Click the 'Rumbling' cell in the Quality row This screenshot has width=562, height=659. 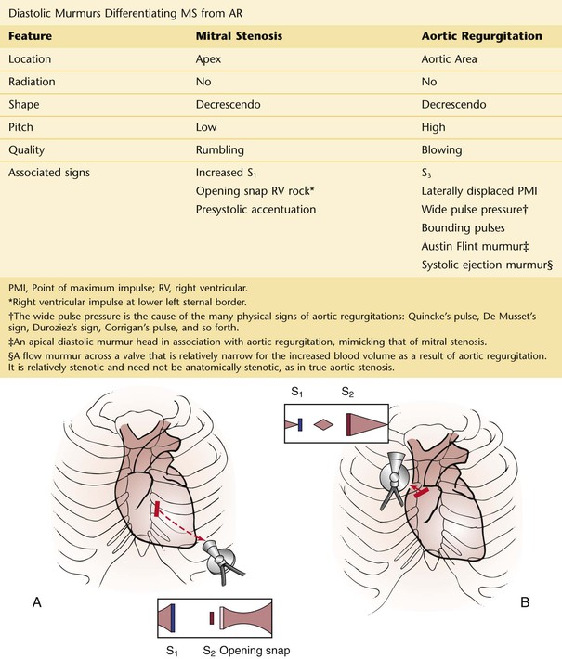tap(220, 149)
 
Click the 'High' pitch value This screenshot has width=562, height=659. tap(434, 125)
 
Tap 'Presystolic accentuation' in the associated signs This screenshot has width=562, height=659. tap(255, 209)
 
